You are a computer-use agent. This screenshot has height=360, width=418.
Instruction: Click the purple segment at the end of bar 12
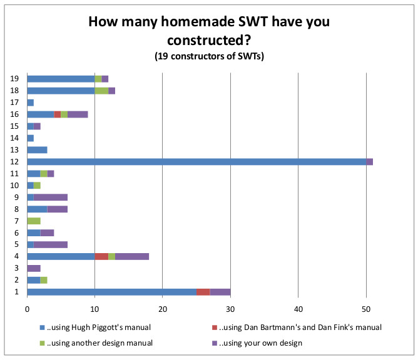(370, 161)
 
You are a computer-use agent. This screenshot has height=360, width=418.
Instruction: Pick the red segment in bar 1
(203, 291)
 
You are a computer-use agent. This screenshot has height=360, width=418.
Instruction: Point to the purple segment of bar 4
(132, 256)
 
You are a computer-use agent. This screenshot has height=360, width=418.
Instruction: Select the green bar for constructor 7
(34, 221)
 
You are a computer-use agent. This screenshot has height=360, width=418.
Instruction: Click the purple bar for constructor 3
(34, 267)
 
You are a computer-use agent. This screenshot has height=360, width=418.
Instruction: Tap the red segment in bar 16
(58, 114)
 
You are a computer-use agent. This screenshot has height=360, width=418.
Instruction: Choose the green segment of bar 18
(101, 91)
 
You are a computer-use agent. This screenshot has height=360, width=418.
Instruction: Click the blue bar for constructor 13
(38, 149)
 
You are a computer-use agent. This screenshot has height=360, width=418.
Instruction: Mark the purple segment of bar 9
(51, 197)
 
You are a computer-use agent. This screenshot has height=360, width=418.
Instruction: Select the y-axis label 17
(14, 102)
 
